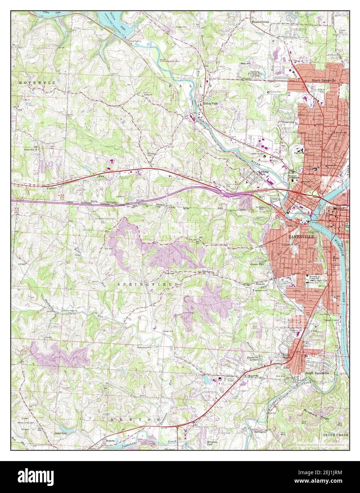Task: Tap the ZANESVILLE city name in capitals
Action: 301,237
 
